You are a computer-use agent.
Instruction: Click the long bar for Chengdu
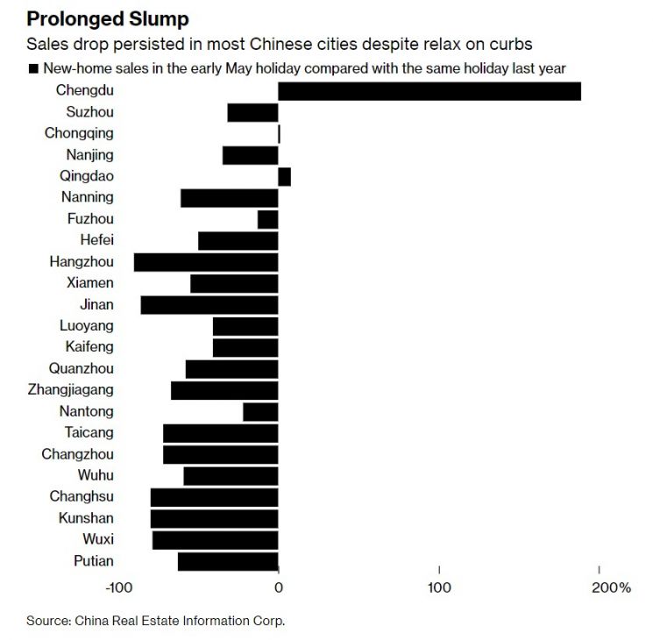[x=429, y=91]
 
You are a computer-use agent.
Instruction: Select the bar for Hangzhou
[x=206, y=262]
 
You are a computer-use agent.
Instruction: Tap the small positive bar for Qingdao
[x=284, y=176]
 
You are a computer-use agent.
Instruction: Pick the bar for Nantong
[x=260, y=412]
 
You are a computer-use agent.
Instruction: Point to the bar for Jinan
[x=209, y=305]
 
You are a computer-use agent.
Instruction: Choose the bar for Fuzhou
[x=267, y=219]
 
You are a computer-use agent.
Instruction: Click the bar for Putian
[x=228, y=562]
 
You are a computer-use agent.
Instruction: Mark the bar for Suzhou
[x=252, y=112]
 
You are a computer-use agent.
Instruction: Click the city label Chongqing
[x=79, y=133]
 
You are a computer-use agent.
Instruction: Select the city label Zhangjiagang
[x=70, y=390]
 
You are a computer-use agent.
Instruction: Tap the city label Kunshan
[x=85, y=518]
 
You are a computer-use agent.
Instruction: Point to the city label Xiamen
[x=89, y=283]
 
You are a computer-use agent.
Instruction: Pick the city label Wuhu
[x=95, y=475]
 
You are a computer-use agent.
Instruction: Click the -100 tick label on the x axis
[x=118, y=587]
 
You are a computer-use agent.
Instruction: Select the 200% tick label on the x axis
[x=610, y=587]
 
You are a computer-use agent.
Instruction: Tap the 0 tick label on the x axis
[x=279, y=587]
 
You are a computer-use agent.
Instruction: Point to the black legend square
[x=32, y=68]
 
